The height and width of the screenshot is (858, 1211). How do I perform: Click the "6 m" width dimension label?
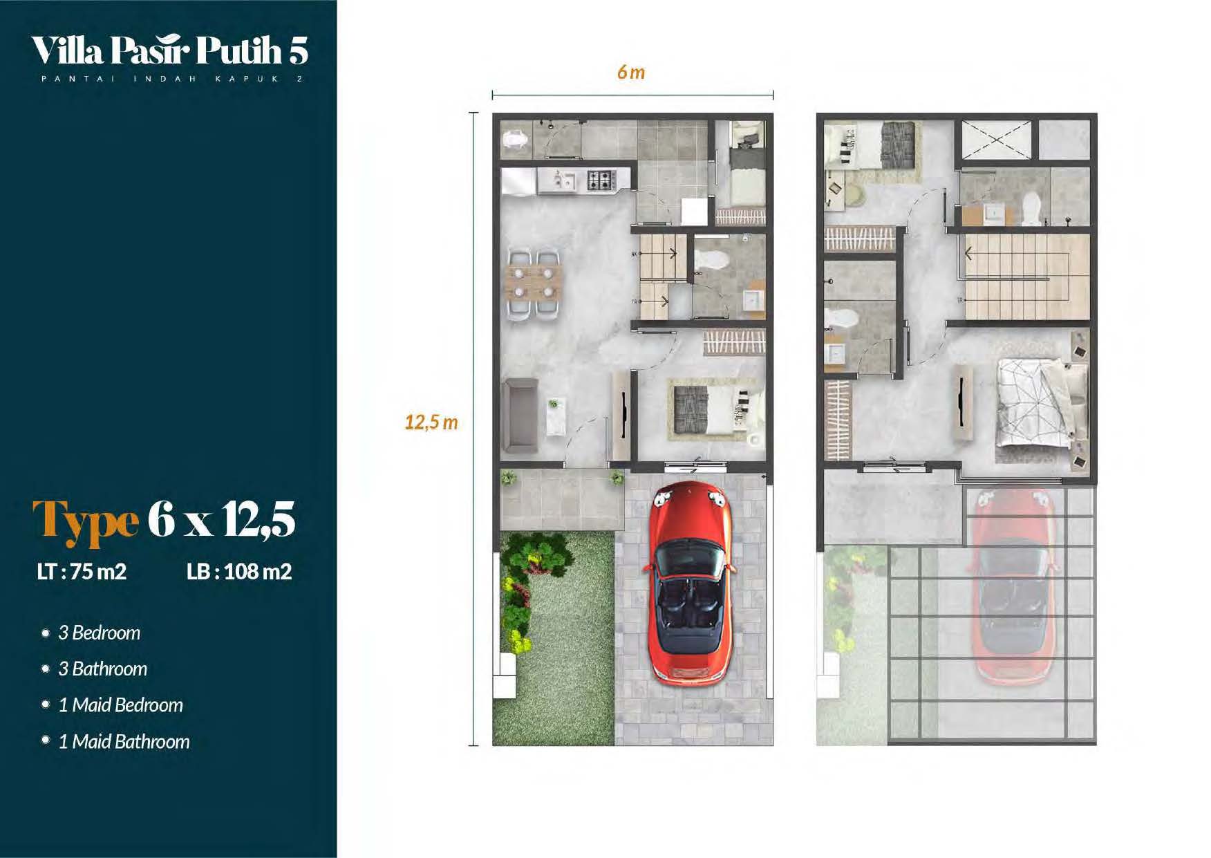coord(631,72)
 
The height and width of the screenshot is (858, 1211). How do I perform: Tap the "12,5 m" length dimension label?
coord(431,422)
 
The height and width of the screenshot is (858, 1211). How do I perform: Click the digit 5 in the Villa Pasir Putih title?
coord(298,50)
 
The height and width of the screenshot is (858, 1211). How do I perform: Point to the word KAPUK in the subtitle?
coord(247,79)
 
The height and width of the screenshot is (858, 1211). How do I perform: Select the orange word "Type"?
coord(86,520)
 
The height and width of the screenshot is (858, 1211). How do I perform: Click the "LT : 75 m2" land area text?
coord(82,572)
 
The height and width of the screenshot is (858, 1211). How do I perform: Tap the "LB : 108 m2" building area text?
coord(239,572)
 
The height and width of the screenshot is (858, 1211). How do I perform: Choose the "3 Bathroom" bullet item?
coord(102,669)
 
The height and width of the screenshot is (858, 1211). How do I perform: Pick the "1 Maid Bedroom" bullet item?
coord(120,705)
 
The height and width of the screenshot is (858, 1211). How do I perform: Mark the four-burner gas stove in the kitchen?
coord(601,180)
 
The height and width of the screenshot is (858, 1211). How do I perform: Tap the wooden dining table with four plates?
coord(534,282)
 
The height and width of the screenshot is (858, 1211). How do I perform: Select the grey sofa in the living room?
coord(519,416)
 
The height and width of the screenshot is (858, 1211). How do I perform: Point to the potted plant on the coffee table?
coord(553,404)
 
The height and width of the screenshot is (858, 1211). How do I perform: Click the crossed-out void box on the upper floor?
coord(996,140)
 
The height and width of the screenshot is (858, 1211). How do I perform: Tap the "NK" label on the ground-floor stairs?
coord(634,254)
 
